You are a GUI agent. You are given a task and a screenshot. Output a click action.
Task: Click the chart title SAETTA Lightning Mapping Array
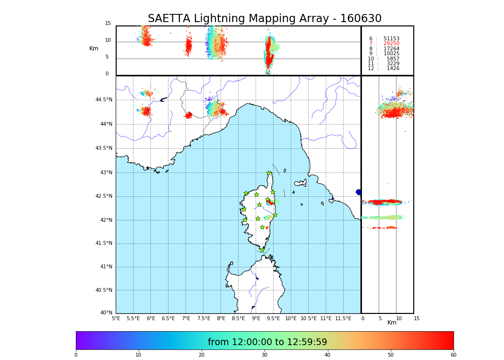(264, 19)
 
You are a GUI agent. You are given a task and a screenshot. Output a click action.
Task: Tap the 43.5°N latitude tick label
(104, 148)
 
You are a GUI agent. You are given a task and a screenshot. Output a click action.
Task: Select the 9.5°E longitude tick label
(273, 318)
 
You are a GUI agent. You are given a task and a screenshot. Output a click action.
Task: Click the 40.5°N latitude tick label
(104, 290)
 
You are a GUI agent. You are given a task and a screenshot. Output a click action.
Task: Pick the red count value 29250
(391, 44)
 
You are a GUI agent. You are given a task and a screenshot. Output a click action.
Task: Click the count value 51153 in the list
(391, 39)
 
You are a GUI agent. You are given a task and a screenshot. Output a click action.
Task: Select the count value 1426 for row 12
(393, 69)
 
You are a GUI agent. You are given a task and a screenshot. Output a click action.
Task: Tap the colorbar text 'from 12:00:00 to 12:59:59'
(267, 342)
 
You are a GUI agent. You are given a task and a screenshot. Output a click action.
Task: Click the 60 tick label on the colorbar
(453, 355)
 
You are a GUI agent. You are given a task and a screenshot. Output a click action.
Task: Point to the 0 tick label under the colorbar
(76, 355)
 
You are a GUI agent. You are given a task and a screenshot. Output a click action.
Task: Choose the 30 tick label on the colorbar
(264, 355)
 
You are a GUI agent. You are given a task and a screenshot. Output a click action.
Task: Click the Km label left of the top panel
(94, 48)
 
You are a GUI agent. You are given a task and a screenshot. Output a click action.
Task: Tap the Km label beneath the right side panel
(392, 323)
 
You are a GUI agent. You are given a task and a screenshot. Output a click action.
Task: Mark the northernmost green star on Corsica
(269, 173)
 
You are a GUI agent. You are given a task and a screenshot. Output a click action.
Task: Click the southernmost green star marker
(262, 250)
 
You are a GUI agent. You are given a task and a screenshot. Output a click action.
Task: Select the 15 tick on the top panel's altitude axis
(108, 24)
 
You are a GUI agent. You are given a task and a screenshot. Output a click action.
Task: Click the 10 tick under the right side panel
(399, 318)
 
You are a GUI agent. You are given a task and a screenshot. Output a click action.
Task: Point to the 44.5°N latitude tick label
(104, 100)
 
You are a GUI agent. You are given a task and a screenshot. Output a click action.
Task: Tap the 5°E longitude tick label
(116, 318)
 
